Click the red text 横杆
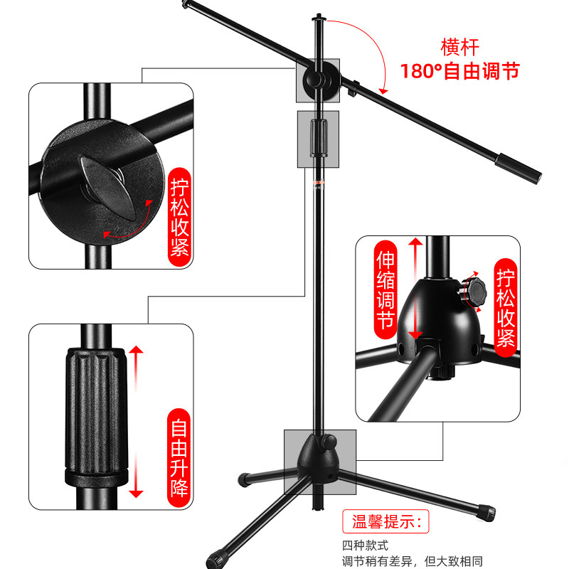pyautogui.click(x=459, y=47)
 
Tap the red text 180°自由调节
pyautogui.click(x=459, y=70)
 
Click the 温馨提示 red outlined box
pyautogui.click(x=385, y=521)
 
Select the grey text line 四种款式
pyautogui.click(x=365, y=546)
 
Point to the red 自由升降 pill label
pyautogui.click(x=179, y=457)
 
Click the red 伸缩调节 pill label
pyautogui.click(x=385, y=289)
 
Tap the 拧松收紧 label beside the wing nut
pyautogui.click(x=180, y=217)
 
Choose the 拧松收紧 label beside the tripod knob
pyautogui.click(x=506, y=307)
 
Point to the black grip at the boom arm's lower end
pyautogui.click(x=519, y=169)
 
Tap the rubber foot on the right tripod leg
pyautogui.click(x=486, y=513)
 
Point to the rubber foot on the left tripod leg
pyautogui.click(x=244, y=479)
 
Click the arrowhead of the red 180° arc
pyautogui.click(x=383, y=91)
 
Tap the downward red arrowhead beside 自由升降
pyautogui.click(x=136, y=494)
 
